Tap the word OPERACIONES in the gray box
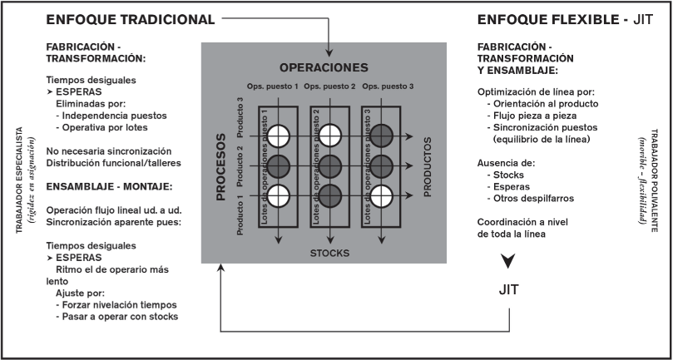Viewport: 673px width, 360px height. click(323, 67)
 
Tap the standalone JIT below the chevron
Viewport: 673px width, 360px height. click(507, 290)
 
